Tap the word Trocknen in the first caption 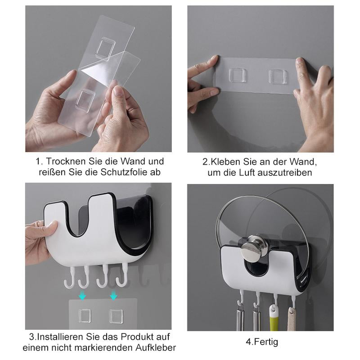tap(66, 161)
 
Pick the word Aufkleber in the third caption tap(156, 347)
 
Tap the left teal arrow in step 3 tap(82, 295)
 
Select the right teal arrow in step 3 tap(113, 295)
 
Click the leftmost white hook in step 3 tap(70, 278)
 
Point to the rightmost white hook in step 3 tap(122, 275)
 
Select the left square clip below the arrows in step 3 tap(85, 316)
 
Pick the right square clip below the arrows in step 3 tap(116, 316)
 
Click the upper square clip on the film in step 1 tap(106, 49)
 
